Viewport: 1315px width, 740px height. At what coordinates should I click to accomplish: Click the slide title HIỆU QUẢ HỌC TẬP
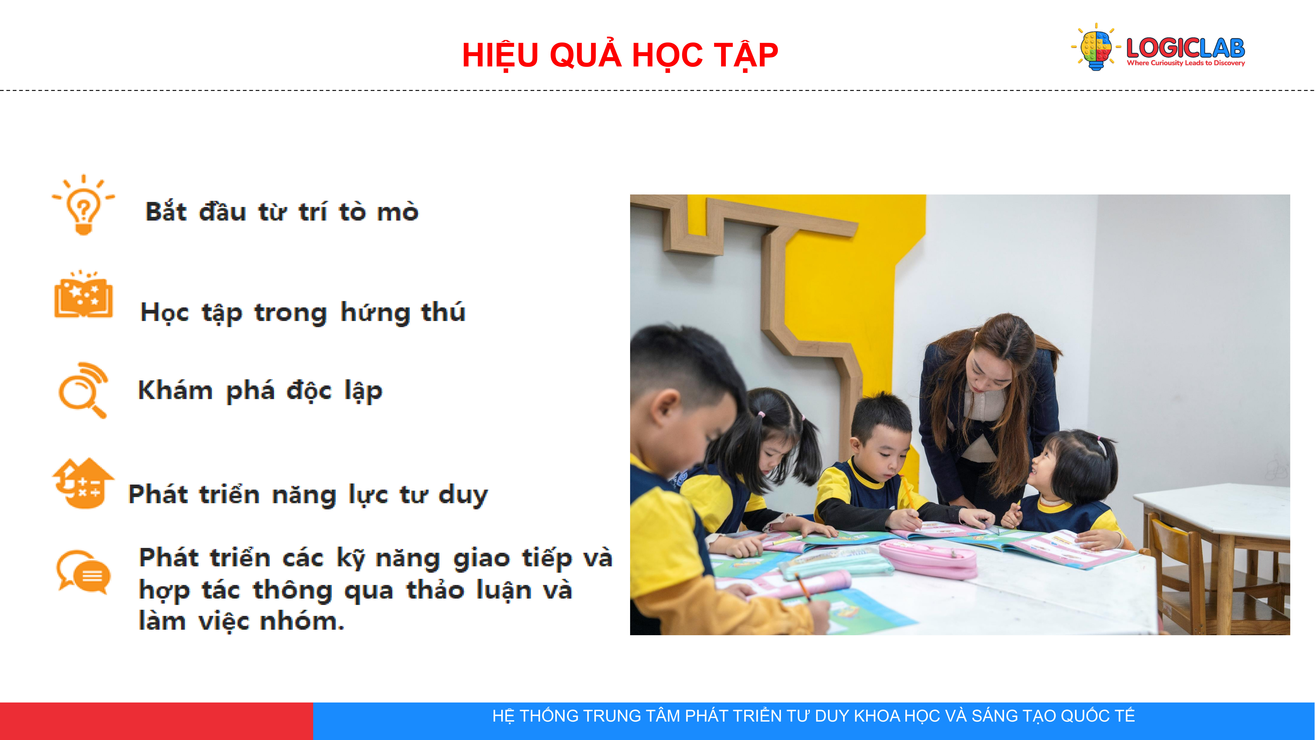(x=620, y=55)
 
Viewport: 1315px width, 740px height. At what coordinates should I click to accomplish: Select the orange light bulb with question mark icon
(x=83, y=205)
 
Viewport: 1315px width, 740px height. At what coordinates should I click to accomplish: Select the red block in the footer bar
(x=156, y=721)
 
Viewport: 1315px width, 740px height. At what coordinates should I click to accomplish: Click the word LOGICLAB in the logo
(x=1185, y=48)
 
